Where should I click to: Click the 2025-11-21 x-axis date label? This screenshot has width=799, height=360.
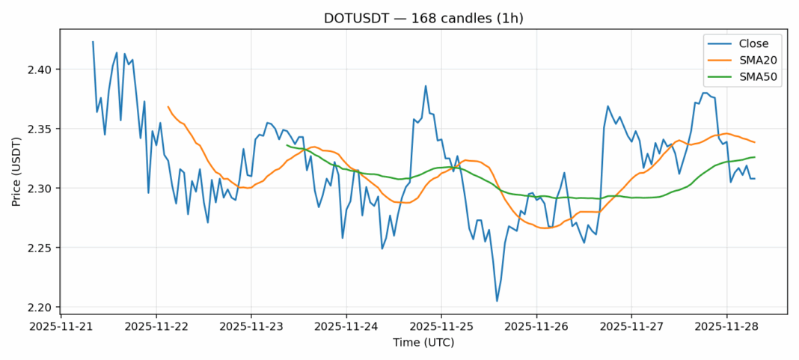click(61, 327)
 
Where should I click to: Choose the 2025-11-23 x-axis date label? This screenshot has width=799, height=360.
click(251, 327)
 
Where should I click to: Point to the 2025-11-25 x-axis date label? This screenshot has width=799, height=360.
click(441, 327)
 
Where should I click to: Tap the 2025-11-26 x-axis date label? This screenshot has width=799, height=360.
click(536, 327)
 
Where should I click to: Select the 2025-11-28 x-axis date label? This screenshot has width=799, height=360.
click(726, 327)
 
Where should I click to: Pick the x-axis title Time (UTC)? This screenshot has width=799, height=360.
click(423, 343)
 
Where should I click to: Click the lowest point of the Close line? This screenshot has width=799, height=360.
click(497, 301)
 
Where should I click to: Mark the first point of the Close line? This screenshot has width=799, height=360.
click(93, 42)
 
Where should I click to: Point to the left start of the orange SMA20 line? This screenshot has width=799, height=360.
click(168, 106)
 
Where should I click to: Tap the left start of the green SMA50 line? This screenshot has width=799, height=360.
click(287, 145)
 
